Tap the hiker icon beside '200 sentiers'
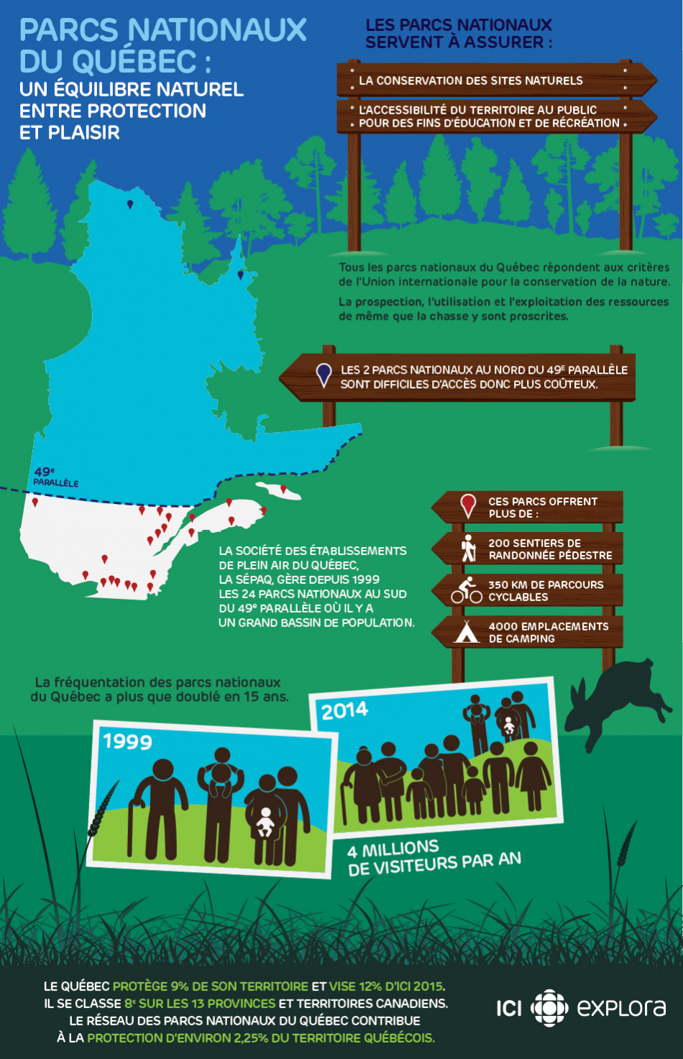coord(469,548)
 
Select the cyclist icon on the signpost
coord(467,590)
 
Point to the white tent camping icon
coord(467,632)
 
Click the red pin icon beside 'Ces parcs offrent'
coord(468,505)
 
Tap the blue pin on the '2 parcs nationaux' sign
coord(324,375)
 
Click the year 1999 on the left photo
coord(127,741)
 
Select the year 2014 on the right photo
coord(344,710)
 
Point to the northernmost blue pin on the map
coord(130,204)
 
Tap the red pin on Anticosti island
coord(283,490)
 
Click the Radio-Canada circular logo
coord(549,1008)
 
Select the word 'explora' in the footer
coord(621,1008)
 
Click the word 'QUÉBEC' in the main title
coord(135,62)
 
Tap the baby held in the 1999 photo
coord(265,821)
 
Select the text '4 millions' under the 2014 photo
coord(393,849)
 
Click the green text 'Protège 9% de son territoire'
coord(210,986)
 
